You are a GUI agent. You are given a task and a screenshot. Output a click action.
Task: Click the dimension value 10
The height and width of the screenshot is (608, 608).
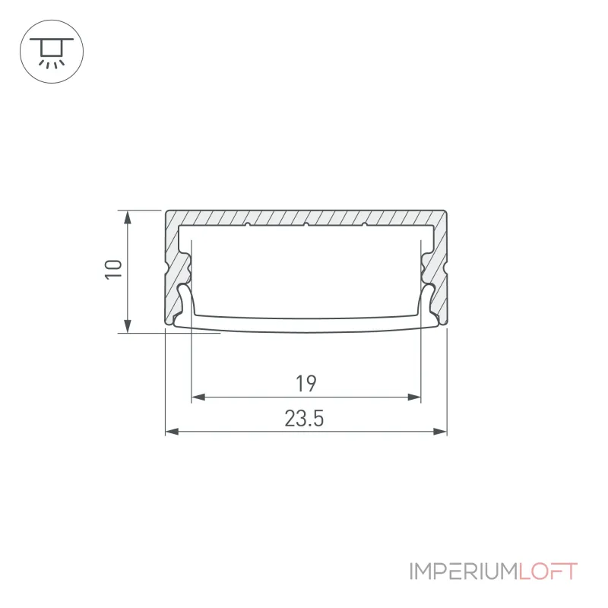[113, 269]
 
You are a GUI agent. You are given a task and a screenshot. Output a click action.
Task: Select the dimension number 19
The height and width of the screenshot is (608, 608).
[306, 384]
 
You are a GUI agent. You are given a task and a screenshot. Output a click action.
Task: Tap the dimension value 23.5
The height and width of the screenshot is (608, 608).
[304, 419]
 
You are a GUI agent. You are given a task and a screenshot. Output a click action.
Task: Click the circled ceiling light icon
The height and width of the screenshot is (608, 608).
[52, 52]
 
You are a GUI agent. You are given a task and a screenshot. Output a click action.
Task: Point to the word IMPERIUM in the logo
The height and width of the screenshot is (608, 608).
[464, 572]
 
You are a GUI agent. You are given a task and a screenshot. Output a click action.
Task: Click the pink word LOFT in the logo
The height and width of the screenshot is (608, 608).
[548, 572]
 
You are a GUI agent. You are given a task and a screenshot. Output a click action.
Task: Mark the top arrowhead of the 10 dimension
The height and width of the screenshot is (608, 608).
[127, 217]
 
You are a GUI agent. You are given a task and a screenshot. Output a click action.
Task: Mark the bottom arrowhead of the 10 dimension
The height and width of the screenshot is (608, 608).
[127, 326]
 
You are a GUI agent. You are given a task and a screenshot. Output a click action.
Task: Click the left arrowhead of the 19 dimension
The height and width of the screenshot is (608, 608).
[198, 397]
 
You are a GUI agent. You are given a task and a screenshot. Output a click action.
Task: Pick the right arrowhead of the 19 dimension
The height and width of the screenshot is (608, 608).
[414, 397]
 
